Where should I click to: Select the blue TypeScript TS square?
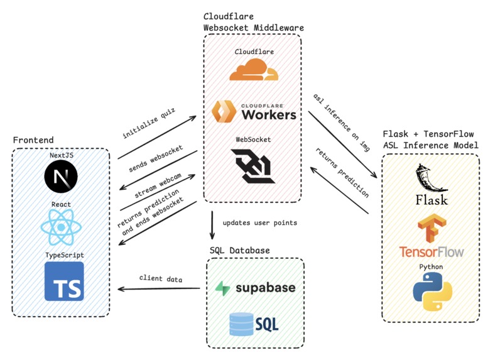64,281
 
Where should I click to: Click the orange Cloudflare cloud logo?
252,70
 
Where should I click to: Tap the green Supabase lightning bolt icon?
222,288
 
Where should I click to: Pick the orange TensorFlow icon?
431,227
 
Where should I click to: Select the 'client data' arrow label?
161,278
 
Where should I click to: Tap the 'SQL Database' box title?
239,251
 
